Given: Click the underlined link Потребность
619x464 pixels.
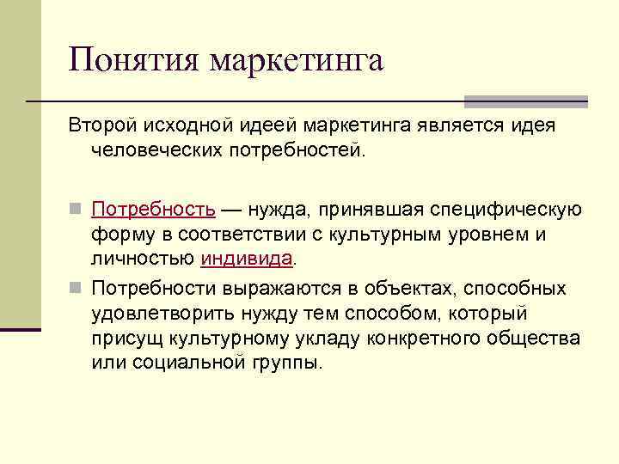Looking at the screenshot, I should [153, 210].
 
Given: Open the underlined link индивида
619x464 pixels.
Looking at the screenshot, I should [247, 258].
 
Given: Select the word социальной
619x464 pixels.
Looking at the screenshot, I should [180, 361].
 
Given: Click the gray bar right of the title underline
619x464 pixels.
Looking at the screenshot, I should [525, 101].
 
